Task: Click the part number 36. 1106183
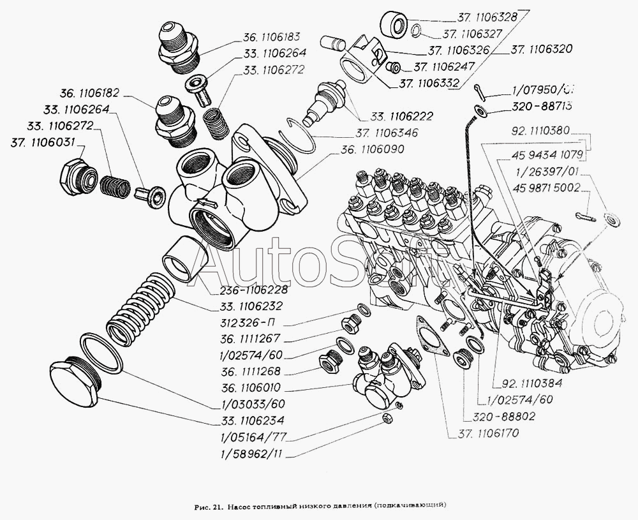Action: pos(271,36)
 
